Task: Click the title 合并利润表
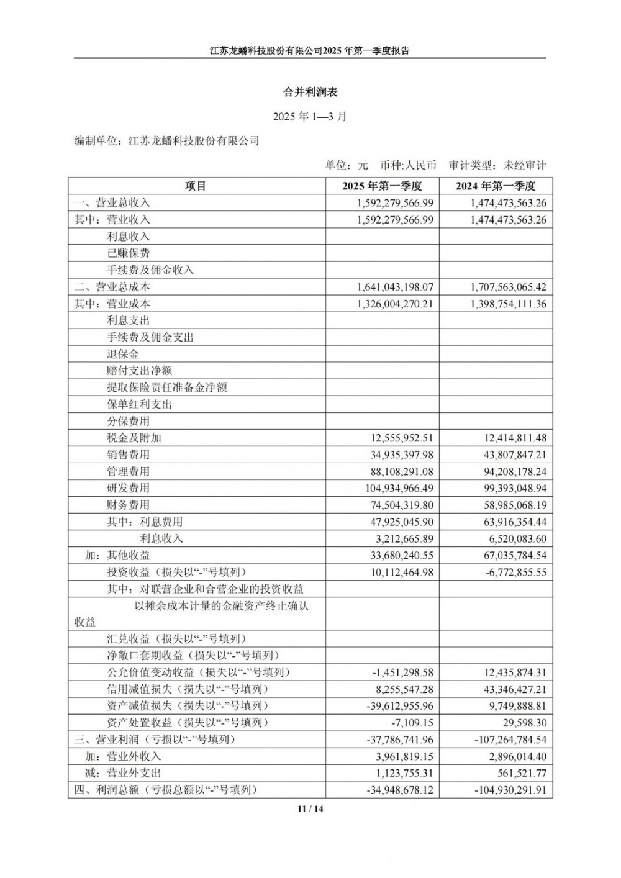coord(310,92)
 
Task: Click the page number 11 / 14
coord(310,808)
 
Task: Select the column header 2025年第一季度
coord(382,186)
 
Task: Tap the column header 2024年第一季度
coord(495,186)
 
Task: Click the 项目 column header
coord(196,186)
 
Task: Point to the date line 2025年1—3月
coord(310,116)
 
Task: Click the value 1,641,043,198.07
coord(396,287)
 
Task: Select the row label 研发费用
coord(128,488)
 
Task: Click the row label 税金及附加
coord(134,438)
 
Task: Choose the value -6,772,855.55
coord(515,572)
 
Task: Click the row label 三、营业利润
coord(155,740)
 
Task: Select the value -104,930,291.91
coord(510,790)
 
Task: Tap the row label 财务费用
coord(128,505)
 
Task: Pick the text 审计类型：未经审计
coord(497,165)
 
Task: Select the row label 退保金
coord(123,354)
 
